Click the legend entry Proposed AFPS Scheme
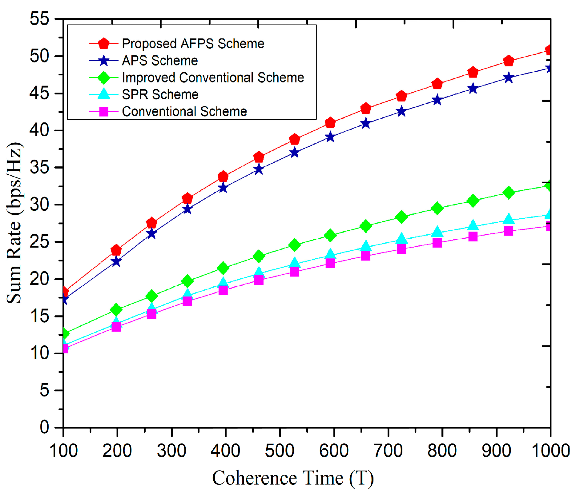tap(193, 44)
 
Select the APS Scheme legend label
tap(160, 61)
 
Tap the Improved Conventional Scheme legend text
tap(213, 78)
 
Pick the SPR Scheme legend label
tap(160, 94)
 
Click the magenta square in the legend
tap(104, 111)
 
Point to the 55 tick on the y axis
tap(39, 18)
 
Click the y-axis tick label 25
tap(39, 242)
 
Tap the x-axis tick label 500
tap(280, 451)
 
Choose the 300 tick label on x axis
tap(171, 451)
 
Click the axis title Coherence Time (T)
tap(293, 479)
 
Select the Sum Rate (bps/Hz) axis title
tap(14, 223)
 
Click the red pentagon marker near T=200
tap(116, 250)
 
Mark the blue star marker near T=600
tap(330, 137)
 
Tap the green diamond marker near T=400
tap(223, 268)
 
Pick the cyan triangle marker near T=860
tap(473, 226)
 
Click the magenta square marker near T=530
tap(295, 272)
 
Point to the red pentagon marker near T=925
tap(509, 61)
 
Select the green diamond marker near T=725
tap(401, 217)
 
